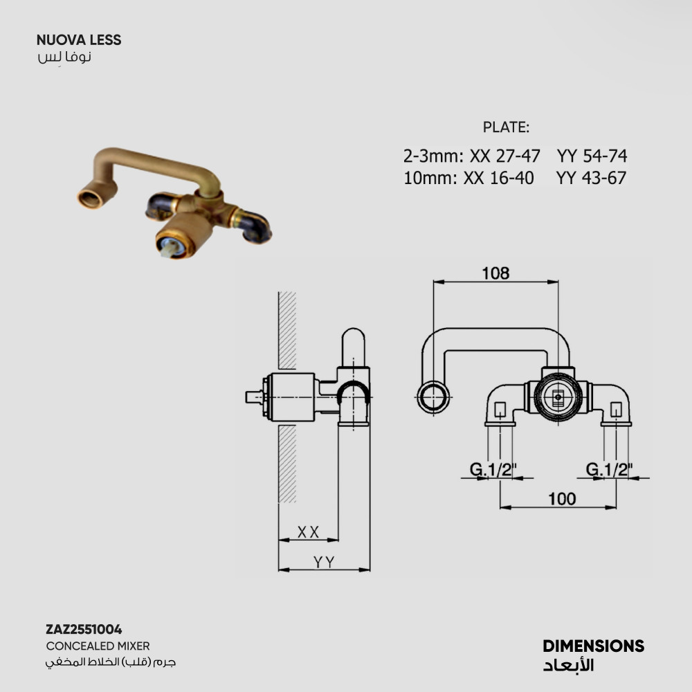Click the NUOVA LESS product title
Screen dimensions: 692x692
click(x=79, y=40)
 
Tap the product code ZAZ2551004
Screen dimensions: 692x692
click(x=84, y=629)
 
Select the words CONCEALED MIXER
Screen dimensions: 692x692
click(x=98, y=646)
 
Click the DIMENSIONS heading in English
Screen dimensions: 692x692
click(x=594, y=646)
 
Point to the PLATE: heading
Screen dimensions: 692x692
click(x=506, y=127)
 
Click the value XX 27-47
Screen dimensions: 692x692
click(x=505, y=156)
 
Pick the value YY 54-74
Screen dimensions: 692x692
click(x=592, y=156)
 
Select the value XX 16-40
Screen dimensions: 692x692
click(x=499, y=178)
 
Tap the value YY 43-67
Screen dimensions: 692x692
click(x=592, y=178)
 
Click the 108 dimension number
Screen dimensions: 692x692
click(x=495, y=273)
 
